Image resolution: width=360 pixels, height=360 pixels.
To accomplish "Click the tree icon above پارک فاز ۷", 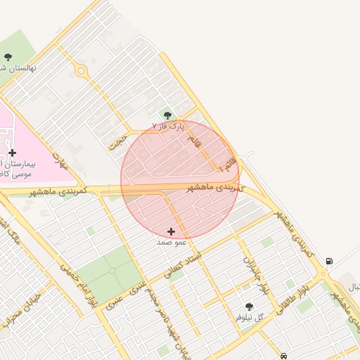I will pos(167,115).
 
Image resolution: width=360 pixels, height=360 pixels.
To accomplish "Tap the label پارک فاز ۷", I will pos(168,126).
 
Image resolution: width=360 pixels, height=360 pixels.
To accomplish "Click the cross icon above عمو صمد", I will pos(172,231).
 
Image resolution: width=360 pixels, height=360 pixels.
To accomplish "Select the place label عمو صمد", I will pos(172,241).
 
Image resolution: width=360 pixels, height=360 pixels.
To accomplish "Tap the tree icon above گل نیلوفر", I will pos(249,307).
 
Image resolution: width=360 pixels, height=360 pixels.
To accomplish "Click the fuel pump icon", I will pos(329,262).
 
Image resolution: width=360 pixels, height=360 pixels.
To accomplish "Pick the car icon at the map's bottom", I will pos(283,356).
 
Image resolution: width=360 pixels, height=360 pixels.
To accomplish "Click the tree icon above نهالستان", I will pos(8,58).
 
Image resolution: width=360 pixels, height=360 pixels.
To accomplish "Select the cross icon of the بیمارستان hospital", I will pos(12,153).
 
